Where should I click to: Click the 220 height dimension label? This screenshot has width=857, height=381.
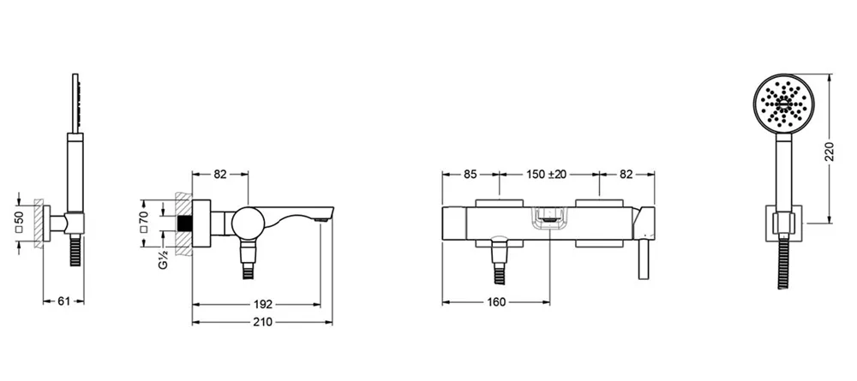tap(830, 152)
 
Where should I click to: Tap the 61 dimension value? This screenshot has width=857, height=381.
tap(64, 301)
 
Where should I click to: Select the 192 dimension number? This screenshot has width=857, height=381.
tap(263, 305)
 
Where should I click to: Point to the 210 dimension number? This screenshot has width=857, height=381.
tap(263, 322)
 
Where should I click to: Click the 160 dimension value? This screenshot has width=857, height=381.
tap(495, 302)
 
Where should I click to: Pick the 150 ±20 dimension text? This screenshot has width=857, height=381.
tap(547, 174)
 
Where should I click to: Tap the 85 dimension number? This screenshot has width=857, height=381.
tap(470, 174)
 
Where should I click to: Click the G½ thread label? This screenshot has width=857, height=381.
tap(163, 258)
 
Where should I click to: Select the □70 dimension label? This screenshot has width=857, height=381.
tap(145, 222)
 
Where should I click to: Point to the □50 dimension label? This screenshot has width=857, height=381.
tap(19, 223)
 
